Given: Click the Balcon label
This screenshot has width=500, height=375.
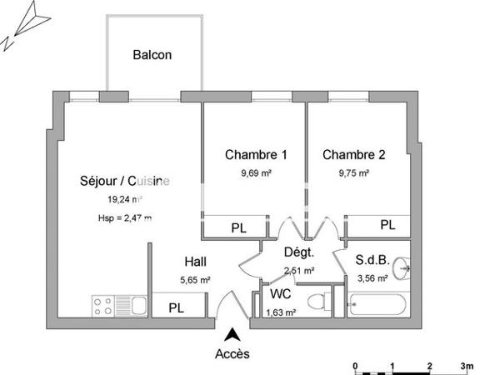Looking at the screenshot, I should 152,56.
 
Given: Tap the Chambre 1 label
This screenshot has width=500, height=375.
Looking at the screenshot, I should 256,154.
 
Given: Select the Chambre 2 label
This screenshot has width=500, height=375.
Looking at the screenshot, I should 354,154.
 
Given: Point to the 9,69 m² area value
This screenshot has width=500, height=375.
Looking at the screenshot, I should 256,173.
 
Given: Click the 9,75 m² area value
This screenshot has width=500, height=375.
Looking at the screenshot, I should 354,173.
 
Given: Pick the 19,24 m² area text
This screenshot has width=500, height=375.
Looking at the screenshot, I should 125,199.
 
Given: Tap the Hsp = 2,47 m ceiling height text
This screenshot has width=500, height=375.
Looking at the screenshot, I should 125,218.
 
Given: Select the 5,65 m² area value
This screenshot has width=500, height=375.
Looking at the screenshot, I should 194,280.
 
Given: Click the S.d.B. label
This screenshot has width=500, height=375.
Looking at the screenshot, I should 371,259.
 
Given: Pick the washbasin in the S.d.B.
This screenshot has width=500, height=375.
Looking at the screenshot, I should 402,267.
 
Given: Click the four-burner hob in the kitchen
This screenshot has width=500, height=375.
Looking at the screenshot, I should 104,306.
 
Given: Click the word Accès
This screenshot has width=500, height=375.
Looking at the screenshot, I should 232,354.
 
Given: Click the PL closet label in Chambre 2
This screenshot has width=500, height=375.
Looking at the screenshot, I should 387,225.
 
